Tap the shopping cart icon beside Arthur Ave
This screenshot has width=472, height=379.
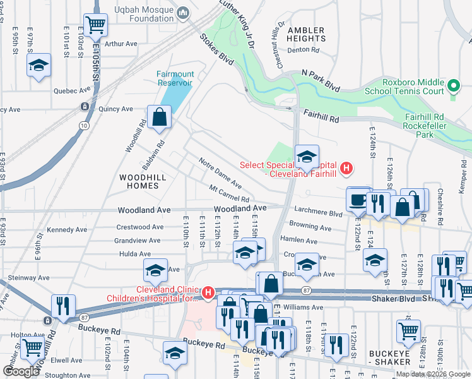[x=95, y=25]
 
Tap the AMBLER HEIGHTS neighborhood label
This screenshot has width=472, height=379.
[x=306, y=34]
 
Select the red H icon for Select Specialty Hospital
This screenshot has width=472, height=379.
[x=346, y=169]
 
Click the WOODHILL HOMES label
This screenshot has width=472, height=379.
[x=143, y=182]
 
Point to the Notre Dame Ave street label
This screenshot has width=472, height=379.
[x=220, y=173]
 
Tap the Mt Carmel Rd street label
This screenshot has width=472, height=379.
[x=233, y=195]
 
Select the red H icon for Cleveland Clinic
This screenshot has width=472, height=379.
[x=209, y=293]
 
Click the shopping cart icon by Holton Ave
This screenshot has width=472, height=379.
[x=32, y=347]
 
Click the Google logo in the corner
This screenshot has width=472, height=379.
[x=21, y=371]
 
